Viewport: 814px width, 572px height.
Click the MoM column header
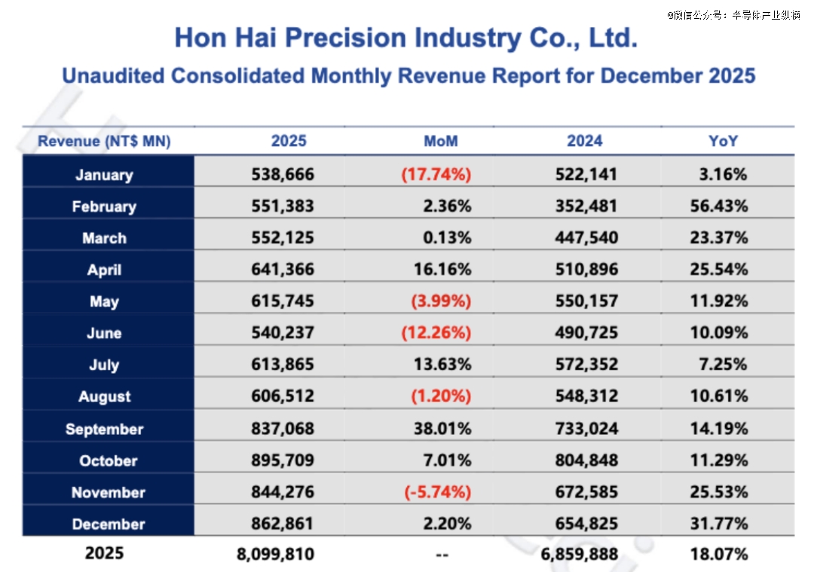click(x=441, y=141)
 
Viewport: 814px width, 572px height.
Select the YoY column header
click(x=723, y=141)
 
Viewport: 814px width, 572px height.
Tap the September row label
click(x=104, y=430)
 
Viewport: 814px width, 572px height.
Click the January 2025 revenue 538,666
click(x=283, y=175)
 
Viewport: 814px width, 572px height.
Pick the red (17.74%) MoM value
click(x=436, y=175)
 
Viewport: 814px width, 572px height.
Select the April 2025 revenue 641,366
click(x=283, y=270)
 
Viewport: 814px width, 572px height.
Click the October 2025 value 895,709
click(x=283, y=460)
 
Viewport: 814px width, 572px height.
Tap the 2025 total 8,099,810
click(x=275, y=555)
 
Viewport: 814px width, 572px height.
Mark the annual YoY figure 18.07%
click(x=719, y=555)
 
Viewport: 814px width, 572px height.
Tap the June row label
click(x=104, y=334)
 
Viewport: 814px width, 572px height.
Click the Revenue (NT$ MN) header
click(x=104, y=141)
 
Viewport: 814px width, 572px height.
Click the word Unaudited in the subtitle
click(x=114, y=76)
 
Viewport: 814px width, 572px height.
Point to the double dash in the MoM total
click(x=442, y=555)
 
